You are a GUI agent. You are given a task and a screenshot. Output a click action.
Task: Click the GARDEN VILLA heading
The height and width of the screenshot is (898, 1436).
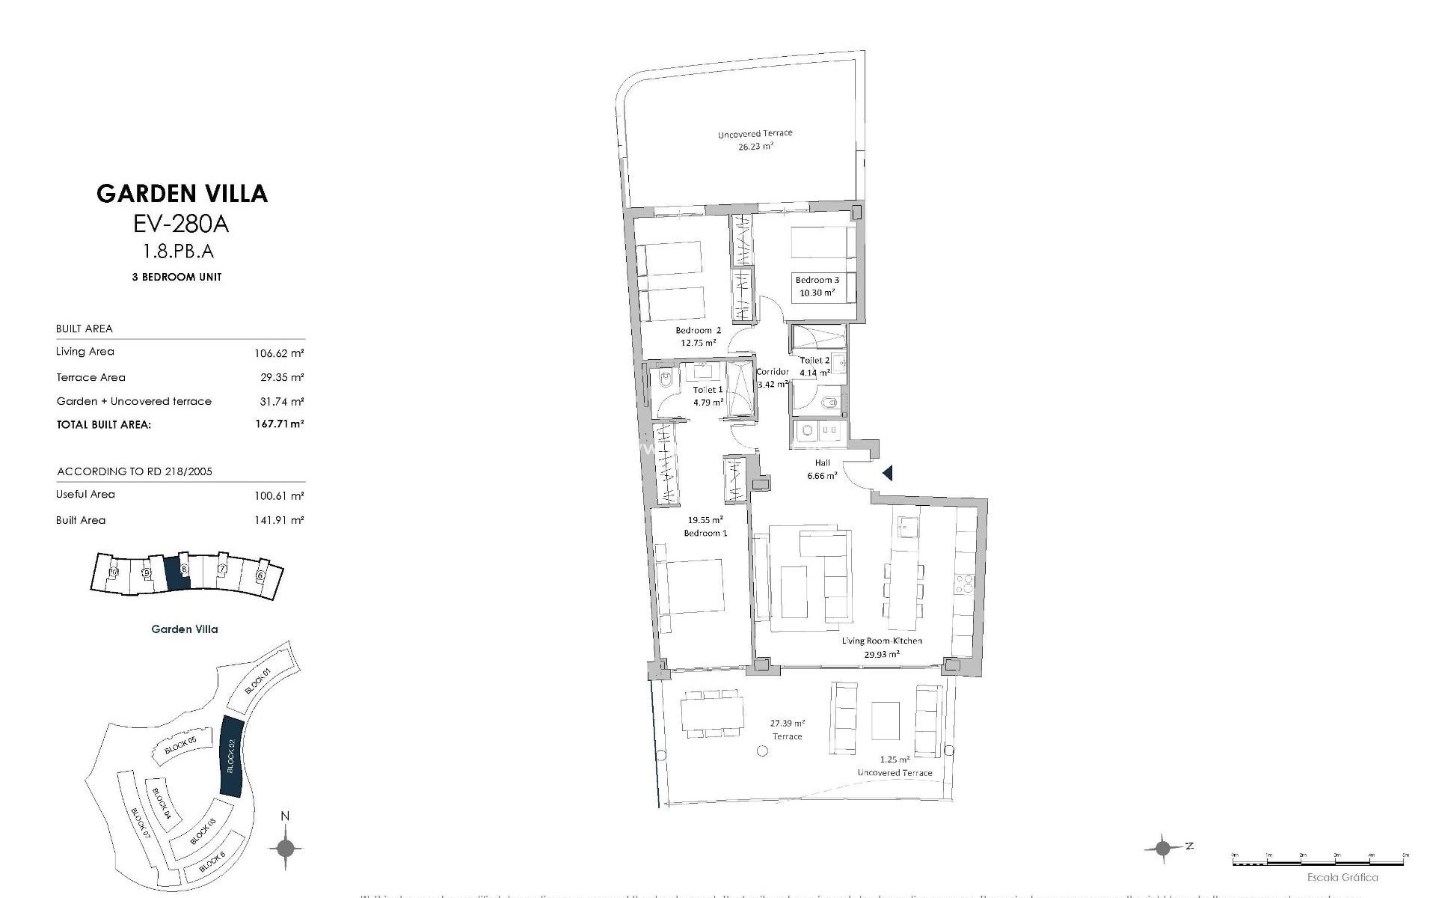tap(182, 194)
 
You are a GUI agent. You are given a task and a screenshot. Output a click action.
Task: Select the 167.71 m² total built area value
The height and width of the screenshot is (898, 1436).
tap(279, 424)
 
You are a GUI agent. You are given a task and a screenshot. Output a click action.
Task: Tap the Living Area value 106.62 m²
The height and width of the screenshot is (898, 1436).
tap(279, 352)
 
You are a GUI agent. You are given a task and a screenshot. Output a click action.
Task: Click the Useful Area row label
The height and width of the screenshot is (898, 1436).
tap(85, 495)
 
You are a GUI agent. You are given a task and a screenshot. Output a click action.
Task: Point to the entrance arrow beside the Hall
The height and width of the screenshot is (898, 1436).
tap(888, 473)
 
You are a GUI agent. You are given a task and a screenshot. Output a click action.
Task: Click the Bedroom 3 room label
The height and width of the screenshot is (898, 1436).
tap(817, 280)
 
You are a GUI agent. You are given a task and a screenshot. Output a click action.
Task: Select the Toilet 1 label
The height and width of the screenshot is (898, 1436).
tap(708, 390)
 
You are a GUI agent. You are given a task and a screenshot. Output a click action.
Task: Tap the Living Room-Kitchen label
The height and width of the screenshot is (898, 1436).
tap(882, 641)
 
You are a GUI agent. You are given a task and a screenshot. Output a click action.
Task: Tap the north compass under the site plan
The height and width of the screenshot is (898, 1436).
tap(285, 848)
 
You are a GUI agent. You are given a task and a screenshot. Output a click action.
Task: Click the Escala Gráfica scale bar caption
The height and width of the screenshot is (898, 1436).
tap(1342, 877)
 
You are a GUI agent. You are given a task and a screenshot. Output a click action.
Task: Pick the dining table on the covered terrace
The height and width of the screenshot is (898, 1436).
tap(711, 713)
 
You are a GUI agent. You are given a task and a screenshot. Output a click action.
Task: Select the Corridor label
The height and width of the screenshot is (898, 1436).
tap(772, 372)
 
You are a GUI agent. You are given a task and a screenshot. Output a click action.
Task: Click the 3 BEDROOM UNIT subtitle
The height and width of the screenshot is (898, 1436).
tap(177, 277)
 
